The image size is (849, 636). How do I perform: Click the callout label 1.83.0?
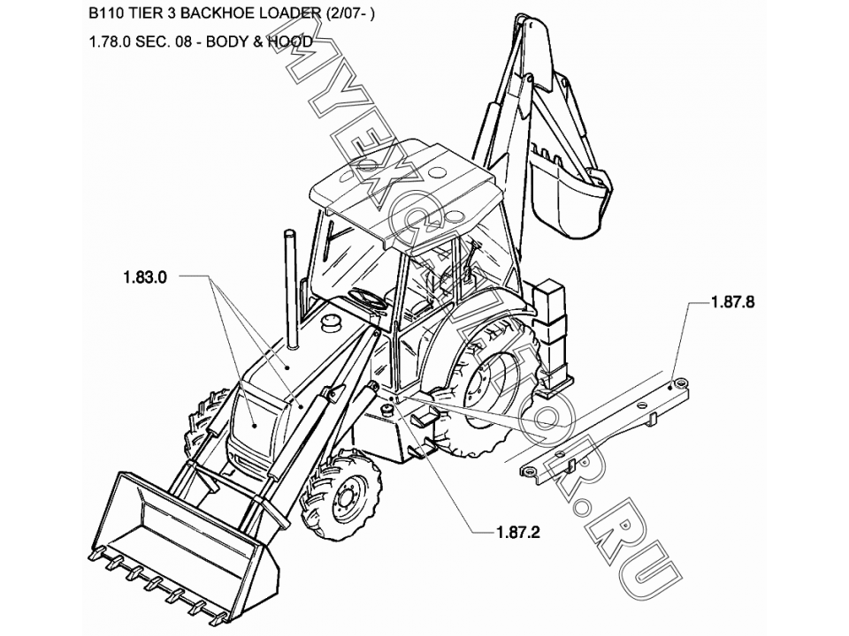[145, 277]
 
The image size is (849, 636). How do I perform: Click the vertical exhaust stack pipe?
[289, 287]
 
